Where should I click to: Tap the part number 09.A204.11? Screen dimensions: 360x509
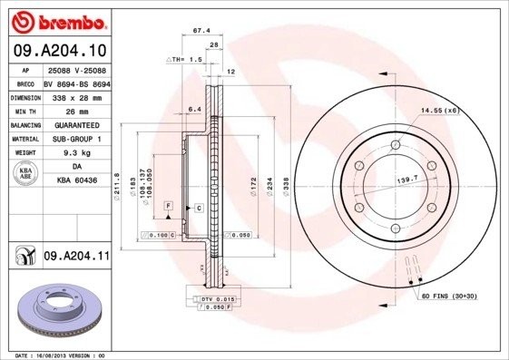[76, 258]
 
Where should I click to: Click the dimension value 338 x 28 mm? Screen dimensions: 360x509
[74, 96]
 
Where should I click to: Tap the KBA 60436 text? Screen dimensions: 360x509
[76, 181]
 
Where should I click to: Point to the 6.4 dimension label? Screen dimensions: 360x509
[192, 110]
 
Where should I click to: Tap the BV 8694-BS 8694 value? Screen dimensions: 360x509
[76, 83]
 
